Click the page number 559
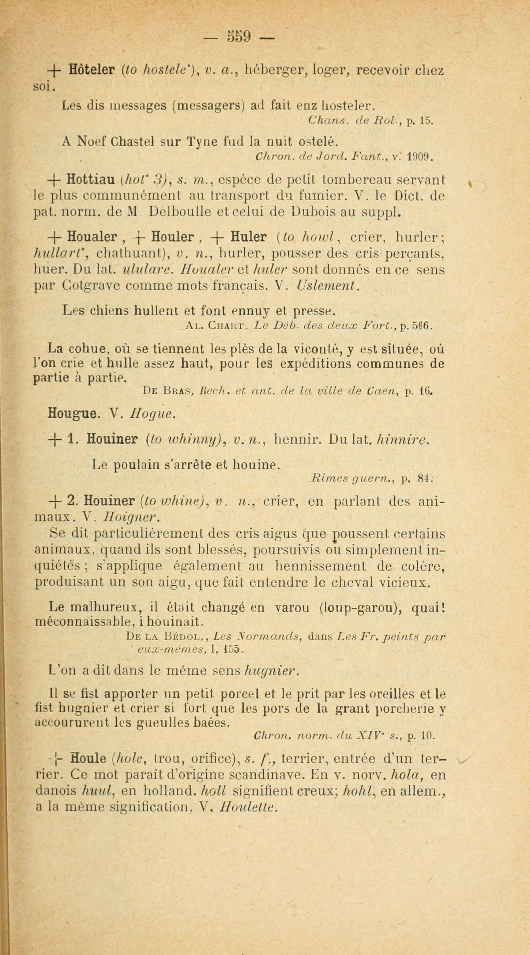click(x=240, y=36)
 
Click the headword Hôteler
click(x=92, y=70)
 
